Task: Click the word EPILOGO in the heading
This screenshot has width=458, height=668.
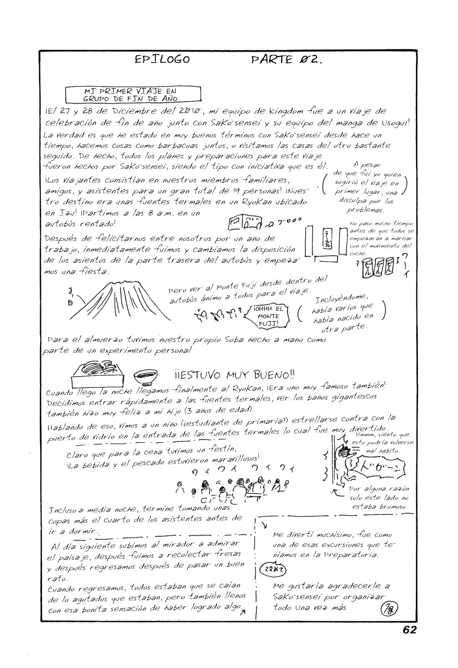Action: (162, 59)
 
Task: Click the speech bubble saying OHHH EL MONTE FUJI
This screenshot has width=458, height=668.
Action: (268, 316)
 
